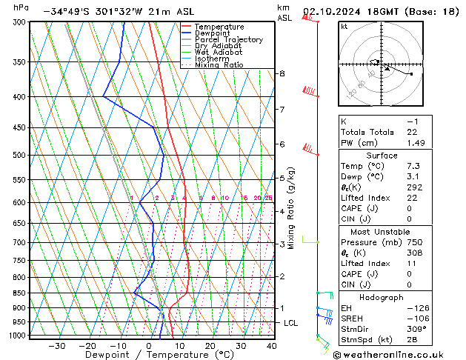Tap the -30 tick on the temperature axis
click(56, 345)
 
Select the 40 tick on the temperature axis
click(271, 345)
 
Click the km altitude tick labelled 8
click(282, 73)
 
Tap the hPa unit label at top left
click(21, 7)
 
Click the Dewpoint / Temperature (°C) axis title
click(149, 355)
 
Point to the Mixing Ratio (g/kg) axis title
click(292, 208)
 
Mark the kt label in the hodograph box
click(344, 27)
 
